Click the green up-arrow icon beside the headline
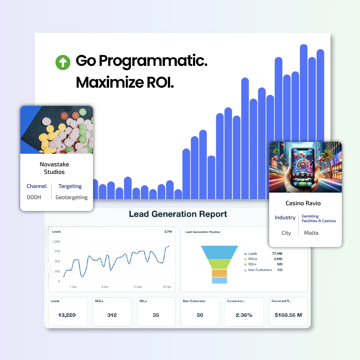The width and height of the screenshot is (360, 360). (x=63, y=62)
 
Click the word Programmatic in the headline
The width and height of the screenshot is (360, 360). (x=153, y=61)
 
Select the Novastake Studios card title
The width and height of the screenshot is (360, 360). (x=54, y=168)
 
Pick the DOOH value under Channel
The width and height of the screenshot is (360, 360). (x=34, y=197)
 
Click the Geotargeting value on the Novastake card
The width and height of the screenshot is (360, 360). (x=71, y=197)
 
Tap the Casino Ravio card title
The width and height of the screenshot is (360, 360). (x=303, y=203)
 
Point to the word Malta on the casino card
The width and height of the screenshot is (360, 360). (x=311, y=233)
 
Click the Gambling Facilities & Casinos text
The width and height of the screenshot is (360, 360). (x=319, y=219)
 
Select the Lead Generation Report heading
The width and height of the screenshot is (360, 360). (x=178, y=214)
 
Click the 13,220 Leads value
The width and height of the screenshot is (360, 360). (x=67, y=315)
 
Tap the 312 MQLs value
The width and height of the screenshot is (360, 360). (x=112, y=315)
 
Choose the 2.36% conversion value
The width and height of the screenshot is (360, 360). (x=244, y=315)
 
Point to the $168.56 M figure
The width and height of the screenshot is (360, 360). (x=288, y=315)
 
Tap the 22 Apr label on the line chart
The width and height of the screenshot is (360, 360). (x=167, y=287)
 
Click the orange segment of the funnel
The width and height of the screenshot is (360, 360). (x=220, y=273)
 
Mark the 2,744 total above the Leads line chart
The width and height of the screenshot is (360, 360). (x=168, y=232)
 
